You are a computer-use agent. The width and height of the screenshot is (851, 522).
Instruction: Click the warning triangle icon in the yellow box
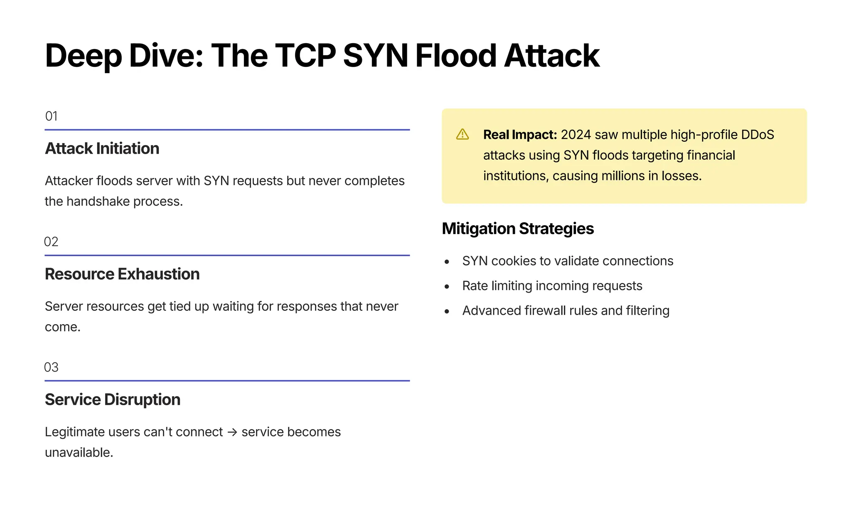462,134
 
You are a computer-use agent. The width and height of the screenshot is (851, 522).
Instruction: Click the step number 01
51,116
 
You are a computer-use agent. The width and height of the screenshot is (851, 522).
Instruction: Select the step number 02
51,241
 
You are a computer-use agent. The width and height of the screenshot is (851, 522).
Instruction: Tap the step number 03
51,367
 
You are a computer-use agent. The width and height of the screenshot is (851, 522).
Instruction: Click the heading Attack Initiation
102,148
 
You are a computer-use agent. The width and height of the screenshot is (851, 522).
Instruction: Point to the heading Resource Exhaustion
122,274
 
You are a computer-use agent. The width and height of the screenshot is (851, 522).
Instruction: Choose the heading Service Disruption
113,399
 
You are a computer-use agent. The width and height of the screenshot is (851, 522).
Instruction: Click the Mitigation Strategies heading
518,229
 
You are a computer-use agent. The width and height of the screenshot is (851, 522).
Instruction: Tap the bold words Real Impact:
520,135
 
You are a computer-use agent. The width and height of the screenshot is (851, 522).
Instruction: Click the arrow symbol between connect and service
232,432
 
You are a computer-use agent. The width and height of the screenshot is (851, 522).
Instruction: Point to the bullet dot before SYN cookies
447,261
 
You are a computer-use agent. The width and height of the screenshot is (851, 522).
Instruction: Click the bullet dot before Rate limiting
447,286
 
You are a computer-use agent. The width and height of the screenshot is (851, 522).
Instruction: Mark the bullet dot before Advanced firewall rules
447,311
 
